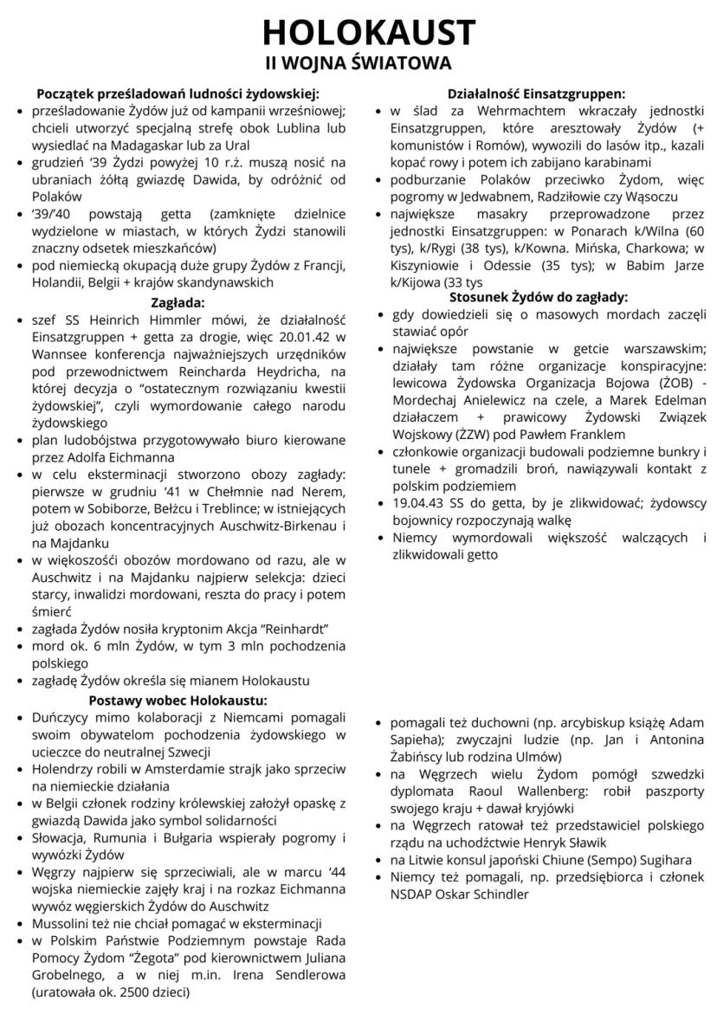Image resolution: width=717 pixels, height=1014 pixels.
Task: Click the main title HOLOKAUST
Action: tap(358, 32)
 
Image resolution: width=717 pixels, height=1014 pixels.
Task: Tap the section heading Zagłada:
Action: tap(178, 304)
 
